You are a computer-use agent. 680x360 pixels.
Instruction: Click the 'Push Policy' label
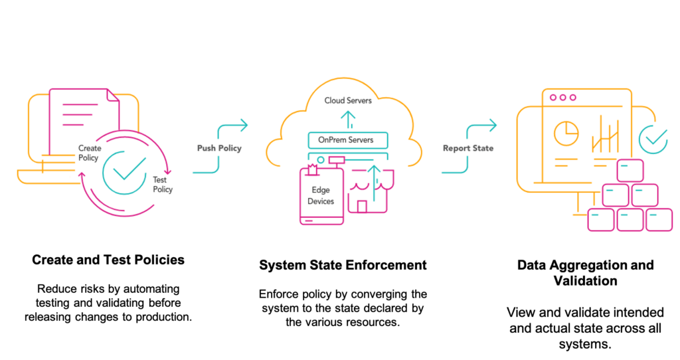click(219, 148)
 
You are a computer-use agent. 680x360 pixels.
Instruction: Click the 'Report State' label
click(468, 148)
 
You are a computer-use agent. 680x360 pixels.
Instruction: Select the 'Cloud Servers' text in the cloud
click(348, 100)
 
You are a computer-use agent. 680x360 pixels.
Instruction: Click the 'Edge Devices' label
click(321, 196)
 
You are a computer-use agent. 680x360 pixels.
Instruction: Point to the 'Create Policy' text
click(89, 153)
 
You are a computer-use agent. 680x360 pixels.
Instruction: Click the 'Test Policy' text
click(162, 185)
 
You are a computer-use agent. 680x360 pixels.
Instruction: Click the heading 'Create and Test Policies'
click(108, 260)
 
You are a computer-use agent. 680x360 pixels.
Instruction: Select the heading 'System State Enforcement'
click(343, 265)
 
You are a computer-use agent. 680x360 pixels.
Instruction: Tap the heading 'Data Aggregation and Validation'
click(585, 273)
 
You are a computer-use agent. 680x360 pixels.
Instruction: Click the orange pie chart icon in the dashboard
click(566, 133)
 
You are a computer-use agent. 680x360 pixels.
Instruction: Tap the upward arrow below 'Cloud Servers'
click(348, 119)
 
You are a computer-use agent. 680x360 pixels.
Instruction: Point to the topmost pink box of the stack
click(630, 171)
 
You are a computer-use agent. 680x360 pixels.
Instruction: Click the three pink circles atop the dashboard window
click(562, 98)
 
